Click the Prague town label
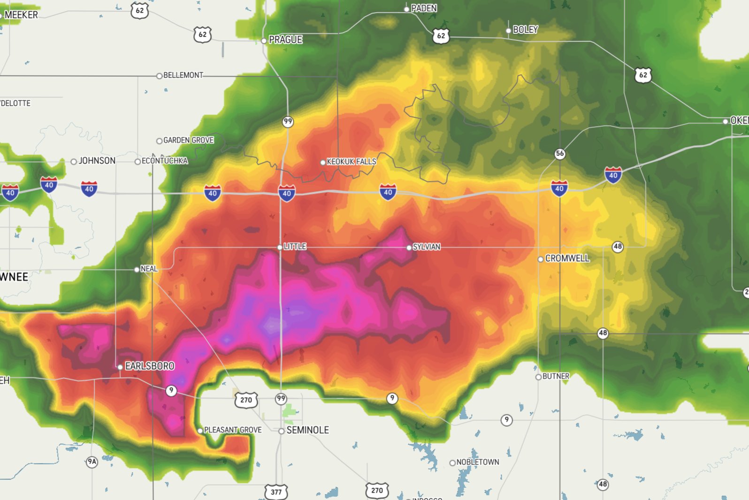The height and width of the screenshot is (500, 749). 285,40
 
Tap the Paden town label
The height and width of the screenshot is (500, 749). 424,8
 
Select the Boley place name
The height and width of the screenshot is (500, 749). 525,30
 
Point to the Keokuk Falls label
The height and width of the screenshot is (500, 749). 351,162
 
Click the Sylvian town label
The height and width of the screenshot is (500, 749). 426,247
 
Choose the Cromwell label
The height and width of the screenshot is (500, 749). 567,258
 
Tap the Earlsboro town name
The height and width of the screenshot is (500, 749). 149,366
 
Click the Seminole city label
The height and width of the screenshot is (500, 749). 307,430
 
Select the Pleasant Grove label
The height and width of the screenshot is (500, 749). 233,430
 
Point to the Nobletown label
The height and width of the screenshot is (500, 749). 477,462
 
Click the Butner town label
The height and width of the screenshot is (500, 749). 556,376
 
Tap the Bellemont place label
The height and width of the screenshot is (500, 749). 183,75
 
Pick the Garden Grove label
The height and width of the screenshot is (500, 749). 188,140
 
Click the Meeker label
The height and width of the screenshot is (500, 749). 21,15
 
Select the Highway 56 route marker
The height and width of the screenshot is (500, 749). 560,153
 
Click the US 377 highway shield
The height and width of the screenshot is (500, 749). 276,492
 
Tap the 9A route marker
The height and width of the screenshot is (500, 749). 92,462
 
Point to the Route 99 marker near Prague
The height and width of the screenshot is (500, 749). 288,121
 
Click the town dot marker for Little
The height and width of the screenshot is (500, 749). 280,247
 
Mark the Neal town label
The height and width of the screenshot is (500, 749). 149,269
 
